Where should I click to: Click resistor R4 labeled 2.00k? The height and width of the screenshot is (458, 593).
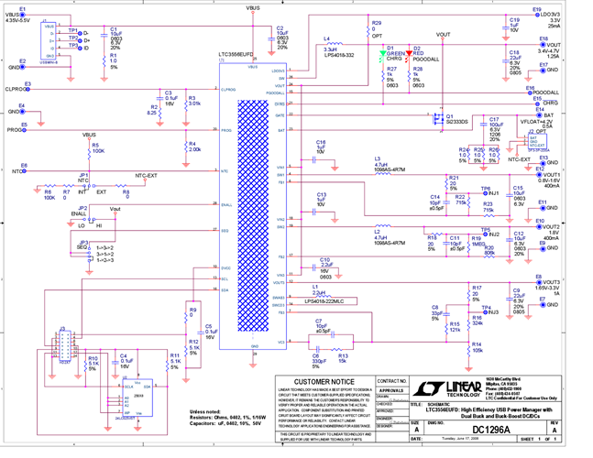click(x=188, y=147)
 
